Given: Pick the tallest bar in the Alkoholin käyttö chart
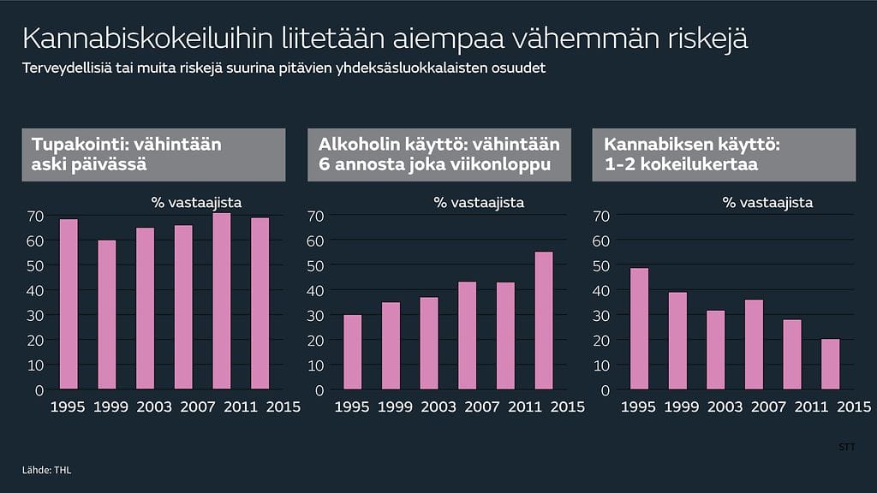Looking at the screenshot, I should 544,320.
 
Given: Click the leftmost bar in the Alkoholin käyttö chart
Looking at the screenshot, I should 352,352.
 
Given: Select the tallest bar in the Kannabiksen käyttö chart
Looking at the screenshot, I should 639,329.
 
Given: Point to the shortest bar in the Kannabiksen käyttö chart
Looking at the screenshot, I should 831,364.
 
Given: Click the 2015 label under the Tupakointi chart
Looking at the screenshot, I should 283,407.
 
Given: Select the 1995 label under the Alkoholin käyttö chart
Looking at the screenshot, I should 352,407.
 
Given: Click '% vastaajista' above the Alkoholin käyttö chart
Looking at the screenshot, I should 478,203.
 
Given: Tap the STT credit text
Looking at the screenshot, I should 845,447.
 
